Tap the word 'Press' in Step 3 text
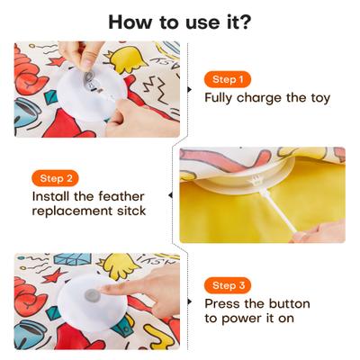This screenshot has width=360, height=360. point(224,305)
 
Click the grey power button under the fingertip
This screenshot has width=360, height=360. point(90,295)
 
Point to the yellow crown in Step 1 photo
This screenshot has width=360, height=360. point(130,60)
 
